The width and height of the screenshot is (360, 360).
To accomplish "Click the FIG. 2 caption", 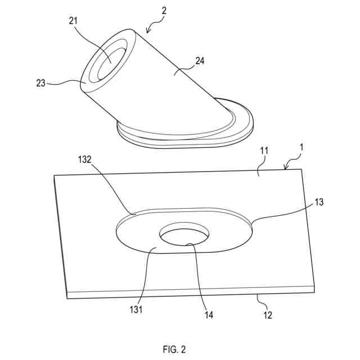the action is coord(174,349).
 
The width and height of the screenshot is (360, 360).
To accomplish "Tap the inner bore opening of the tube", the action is coord(111,63).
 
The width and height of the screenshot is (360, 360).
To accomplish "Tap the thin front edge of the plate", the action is coord(191,292).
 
